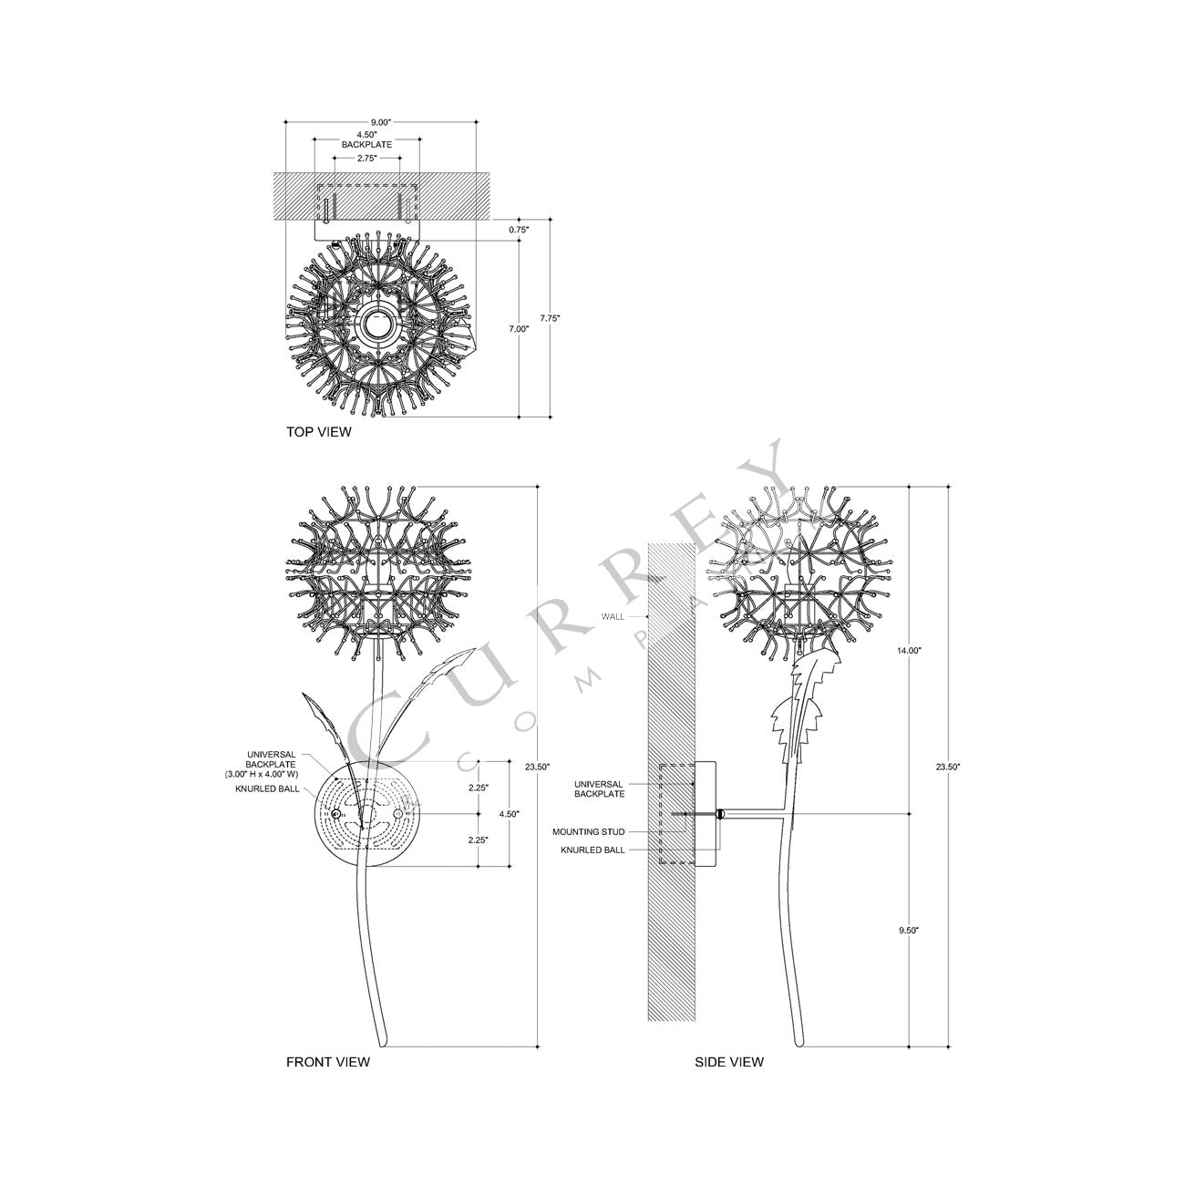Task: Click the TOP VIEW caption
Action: tap(318, 432)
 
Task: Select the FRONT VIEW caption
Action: tap(328, 1062)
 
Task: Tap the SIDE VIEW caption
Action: tap(729, 1062)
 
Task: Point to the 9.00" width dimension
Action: tap(380, 122)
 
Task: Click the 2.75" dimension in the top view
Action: tap(366, 158)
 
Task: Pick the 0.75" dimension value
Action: tap(518, 230)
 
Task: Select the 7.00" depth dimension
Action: tap(518, 329)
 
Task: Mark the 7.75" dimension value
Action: tap(550, 318)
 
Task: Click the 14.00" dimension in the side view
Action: tap(909, 651)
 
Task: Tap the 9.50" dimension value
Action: tap(909, 930)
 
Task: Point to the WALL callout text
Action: tap(613, 617)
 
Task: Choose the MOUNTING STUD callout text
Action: tap(589, 831)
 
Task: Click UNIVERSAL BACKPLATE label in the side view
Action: tap(599, 788)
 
